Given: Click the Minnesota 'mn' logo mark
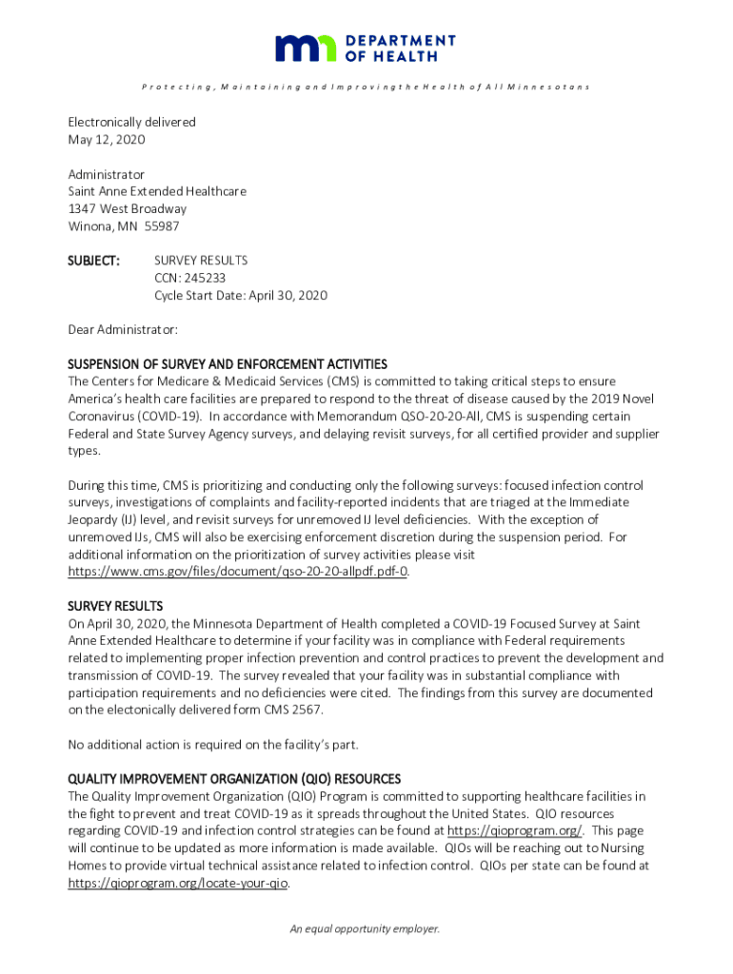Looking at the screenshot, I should tap(306, 48).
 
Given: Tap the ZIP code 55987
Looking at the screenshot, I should tap(161, 226).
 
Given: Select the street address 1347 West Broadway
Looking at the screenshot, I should tap(127, 208).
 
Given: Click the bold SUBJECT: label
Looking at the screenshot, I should tap(93, 261).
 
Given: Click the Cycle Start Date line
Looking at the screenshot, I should tap(240, 296).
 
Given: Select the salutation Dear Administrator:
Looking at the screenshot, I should tap(123, 330).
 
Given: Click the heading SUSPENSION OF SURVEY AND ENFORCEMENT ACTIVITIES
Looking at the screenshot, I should tap(227, 364).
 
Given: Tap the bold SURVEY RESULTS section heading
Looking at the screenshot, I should tap(115, 606).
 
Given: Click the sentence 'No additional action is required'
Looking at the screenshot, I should tap(213, 744).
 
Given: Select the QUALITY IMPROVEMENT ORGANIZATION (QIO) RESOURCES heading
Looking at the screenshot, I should tap(234, 779).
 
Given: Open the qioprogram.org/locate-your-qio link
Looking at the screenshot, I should tap(178, 884).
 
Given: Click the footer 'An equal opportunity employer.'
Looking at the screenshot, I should tap(366, 929).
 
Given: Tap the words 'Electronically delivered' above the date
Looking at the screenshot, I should tap(131, 123).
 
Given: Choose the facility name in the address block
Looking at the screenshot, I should tap(157, 191).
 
